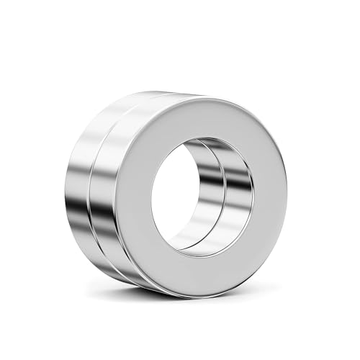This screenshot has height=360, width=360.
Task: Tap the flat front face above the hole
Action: point(206,115)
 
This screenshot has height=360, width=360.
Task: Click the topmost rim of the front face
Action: point(209,96)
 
